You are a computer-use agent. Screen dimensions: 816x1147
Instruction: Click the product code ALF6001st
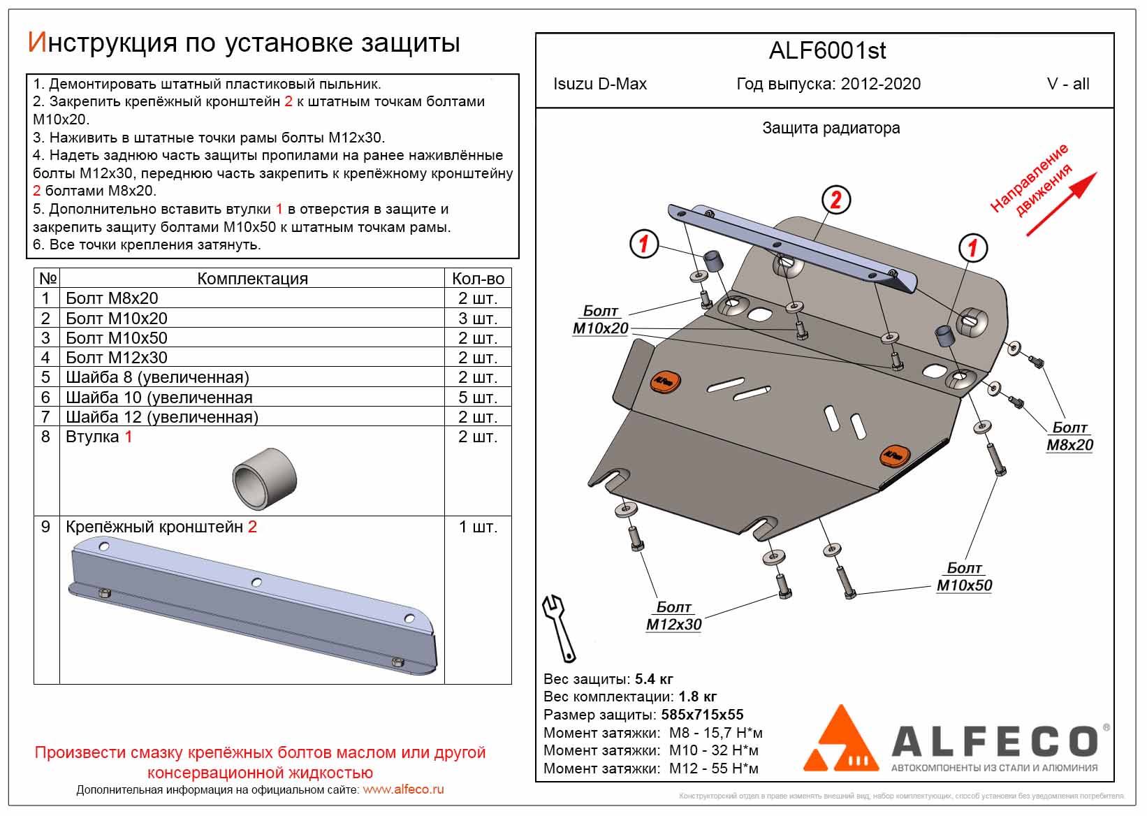coord(827,51)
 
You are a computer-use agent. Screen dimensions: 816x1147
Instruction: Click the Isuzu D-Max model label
coord(599,85)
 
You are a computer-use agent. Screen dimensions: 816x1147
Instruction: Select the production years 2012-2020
coord(880,85)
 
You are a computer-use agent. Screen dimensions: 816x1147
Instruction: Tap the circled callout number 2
coord(835,201)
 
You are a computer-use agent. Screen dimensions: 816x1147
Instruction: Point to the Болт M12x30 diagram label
coord(673,616)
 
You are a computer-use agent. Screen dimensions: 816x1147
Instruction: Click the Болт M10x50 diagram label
coord(964,577)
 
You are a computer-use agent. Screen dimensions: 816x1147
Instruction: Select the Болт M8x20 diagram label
coord(1069,437)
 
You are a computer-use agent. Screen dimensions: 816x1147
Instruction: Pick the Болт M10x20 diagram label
coord(601,320)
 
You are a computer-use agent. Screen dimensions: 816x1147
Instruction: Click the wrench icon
coord(560,627)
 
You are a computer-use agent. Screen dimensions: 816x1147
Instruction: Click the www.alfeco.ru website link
coord(403,789)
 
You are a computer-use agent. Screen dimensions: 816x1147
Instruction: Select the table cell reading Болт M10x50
coord(117,338)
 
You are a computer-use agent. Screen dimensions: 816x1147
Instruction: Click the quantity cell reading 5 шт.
coord(478,398)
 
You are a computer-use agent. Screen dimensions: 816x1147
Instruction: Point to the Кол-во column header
coord(478,279)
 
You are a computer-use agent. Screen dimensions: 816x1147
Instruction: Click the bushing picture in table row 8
coord(265,479)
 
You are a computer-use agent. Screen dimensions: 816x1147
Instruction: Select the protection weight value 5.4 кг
coord(654,679)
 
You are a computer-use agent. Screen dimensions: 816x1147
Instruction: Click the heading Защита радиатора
coord(831,129)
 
